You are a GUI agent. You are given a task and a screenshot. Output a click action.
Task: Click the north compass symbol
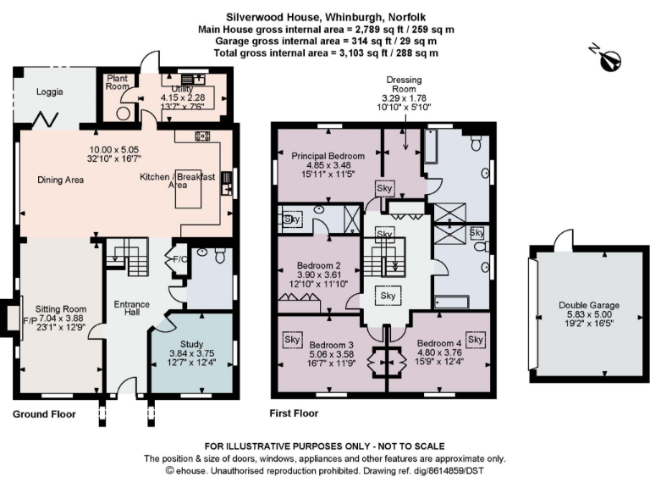[x=611, y=59]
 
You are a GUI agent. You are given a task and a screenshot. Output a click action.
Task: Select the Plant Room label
[x=117, y=81]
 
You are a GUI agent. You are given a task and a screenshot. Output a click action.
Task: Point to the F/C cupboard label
[x=179, y=259]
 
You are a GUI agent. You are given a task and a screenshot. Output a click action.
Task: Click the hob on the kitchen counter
[x=202, y=136]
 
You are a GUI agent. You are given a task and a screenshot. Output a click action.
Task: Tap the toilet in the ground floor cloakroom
[x=219, y=255]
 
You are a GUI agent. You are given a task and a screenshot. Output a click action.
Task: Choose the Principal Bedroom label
[x=328, y=156]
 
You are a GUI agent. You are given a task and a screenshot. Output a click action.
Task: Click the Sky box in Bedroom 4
[x=475, y=340]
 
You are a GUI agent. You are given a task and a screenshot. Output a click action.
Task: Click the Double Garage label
[x=589, y=306]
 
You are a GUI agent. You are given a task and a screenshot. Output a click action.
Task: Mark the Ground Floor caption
[x=44, y=414]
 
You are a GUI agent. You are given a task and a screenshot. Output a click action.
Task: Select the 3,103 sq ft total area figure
[x=346, y=53]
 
